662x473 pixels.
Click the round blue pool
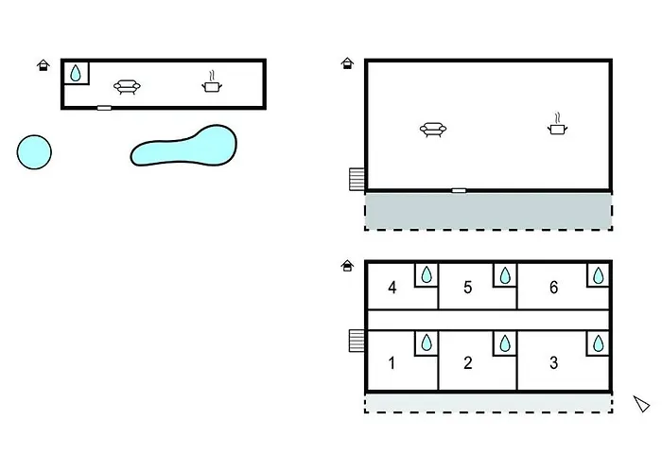[34, 151]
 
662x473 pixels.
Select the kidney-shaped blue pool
[183, 147]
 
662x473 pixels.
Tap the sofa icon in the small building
[127, 87]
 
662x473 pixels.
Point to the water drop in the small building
[76, 73]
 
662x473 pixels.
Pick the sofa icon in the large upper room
[433, 130]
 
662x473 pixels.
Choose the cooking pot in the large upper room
[558, 125]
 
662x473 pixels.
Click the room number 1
[392, 362]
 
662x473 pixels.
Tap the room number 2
[468, 362]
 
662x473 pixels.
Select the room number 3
[553, 362]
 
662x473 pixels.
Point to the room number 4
[392, 288]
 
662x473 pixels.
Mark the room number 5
[468, 288]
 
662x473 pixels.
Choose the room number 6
[553, 288]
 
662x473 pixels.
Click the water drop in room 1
[427, 342]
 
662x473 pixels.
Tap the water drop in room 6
[599, 274]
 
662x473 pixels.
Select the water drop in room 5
[505, 274]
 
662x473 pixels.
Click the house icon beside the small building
[43, 64]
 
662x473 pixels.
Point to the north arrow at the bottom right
[642, 404]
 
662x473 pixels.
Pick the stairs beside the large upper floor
[357, 178]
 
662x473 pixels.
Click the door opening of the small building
[104, 108]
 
